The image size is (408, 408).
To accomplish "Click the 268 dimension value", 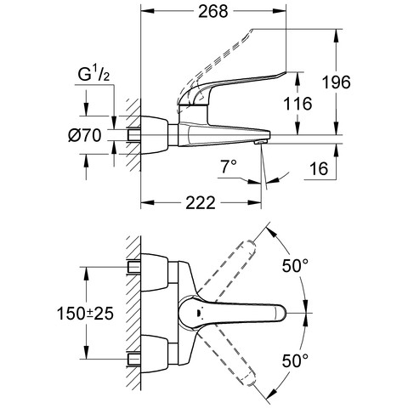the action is [x=212, y=12].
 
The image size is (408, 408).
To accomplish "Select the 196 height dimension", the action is [x=337, y=82].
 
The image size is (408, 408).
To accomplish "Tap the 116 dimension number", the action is [x=297, y=104].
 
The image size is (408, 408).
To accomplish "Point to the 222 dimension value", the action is [x=201, y=203].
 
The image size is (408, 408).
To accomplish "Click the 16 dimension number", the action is [x=319, y=169].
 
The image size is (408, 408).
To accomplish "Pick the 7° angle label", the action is [x=229, y=166].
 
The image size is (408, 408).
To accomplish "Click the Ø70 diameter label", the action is [x=85, y=135].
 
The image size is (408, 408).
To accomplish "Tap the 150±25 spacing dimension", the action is [x=85, y=314].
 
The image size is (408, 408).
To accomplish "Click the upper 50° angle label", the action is [x=295, y=265].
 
